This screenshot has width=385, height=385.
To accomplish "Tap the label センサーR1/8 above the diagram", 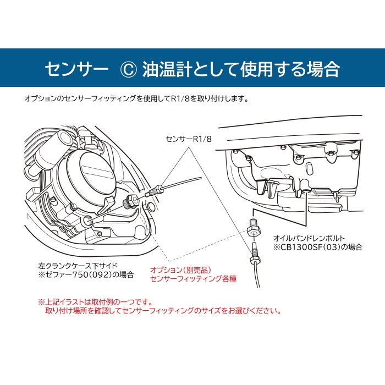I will pos(189,139).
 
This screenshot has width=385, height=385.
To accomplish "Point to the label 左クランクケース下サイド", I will pos(80,266).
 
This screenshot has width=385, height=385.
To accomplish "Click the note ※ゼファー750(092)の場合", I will pos(86,274).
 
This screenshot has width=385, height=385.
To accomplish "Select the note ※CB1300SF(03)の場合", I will pos(318,247).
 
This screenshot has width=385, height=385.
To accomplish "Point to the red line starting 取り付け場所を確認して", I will pos(163,311).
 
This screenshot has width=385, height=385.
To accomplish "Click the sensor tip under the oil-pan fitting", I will pos(255,253).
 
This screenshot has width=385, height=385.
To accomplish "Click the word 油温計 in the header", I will pos(164,69).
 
